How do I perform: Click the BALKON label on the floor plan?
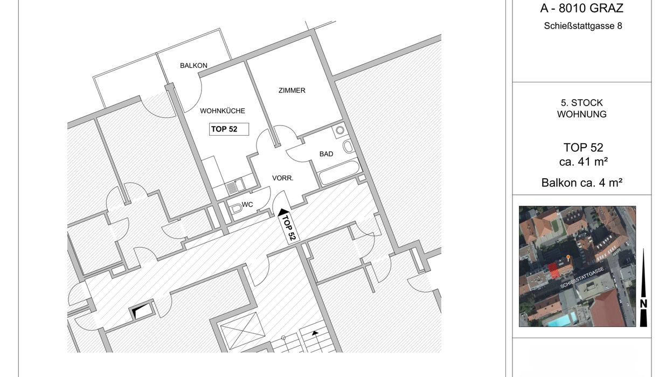pyautogui.click(x=193, y=65)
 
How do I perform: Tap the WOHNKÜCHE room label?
pyautogui.click(x=223, y=111)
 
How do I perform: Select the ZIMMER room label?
pyautogui.click(x=292, y=90)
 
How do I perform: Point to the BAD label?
pyautogui.click(x=326, y=154)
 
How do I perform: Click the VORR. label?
pyautogui.click(x=283, y=178)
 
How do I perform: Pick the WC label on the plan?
pyautogui.click(x=247, y=205)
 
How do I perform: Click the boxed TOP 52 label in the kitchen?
pyautogui.click(x=229, y=129)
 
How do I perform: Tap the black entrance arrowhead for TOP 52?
pyautogui.click(x=283, y=212)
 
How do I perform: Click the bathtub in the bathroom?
pyautogui.click(x=339, y=172)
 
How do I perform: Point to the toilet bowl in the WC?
pyautogui.click(x=237, y=208)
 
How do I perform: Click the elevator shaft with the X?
pyautogui.click(x=242, y=331)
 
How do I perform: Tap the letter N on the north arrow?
pyautogui.click(x=643, y=304)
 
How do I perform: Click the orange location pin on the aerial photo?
pyautogui.click(x=568, y=257)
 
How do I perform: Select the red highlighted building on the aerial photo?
pyautogui.click(x=553, y=271)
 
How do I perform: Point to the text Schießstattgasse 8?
pyautogui.click(x=583, y=26)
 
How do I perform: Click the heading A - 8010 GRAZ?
pyautogui.click(x=581, y=8)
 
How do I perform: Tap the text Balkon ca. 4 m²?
pyautogui.click(x=582, y=183)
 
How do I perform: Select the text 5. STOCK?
pyautogui.click(x=581, y=103)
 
